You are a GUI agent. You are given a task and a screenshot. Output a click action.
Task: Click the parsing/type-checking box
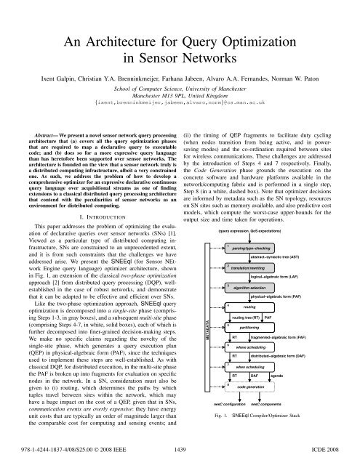[255, 209]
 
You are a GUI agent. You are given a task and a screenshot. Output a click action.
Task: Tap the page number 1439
[180, 450]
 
